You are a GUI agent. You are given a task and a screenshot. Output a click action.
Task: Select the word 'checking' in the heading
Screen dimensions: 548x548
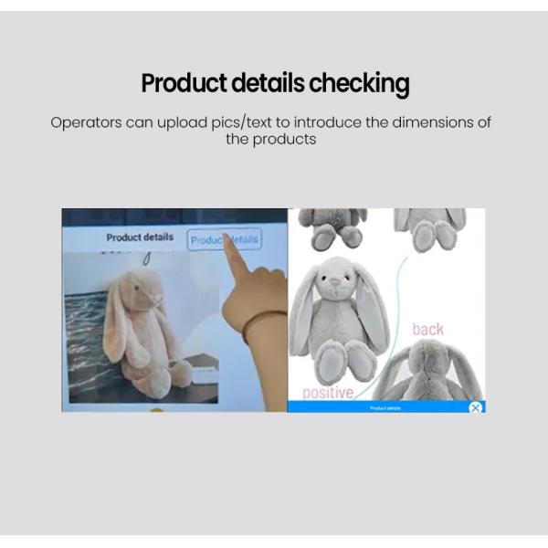[359, 85]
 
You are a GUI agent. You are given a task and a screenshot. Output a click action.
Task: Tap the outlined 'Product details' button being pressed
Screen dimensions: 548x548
[225, 240]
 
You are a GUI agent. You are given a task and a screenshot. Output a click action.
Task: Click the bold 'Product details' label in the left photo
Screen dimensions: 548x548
[140, 237]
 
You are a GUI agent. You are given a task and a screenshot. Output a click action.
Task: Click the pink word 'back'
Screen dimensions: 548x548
[427, 329]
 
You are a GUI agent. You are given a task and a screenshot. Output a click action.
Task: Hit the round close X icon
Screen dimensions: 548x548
[475, 407]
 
